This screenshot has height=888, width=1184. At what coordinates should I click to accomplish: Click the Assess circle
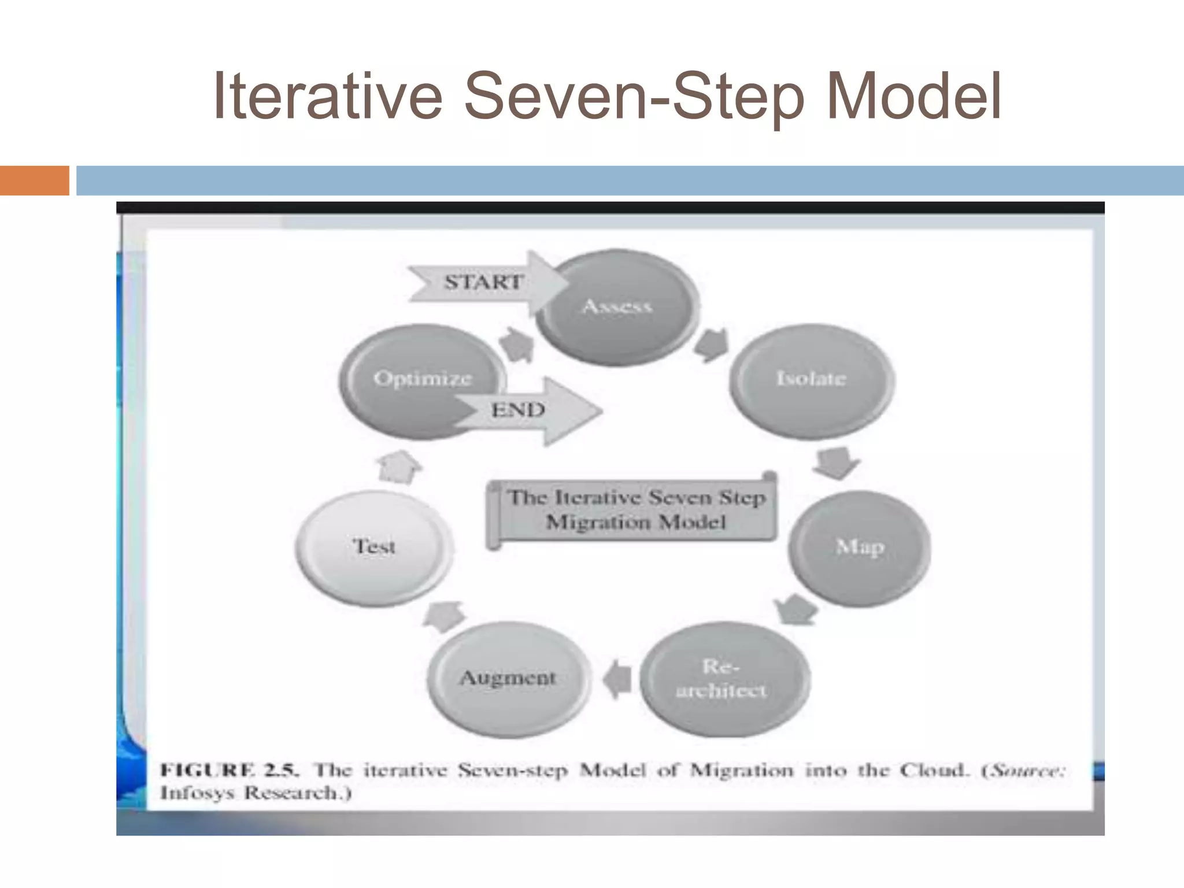(617, 307)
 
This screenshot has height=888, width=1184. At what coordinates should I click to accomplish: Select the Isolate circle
(811, 379)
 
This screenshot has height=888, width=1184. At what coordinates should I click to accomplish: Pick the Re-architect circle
(722, 679)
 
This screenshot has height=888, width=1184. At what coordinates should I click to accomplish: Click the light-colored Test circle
(374, 546)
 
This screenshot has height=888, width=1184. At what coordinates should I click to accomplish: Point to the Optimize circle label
(423, 379)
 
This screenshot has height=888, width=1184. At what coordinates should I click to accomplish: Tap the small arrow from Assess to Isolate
(711, 345)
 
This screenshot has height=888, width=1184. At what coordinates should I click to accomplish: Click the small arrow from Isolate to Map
(837, 462)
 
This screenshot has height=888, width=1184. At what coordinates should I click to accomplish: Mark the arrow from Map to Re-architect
(795, 609)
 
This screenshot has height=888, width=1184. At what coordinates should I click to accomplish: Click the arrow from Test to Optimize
(398, 466)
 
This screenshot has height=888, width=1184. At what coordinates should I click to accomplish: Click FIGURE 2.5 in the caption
(229, 770)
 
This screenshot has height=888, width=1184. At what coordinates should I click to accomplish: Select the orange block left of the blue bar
(34, 180)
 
